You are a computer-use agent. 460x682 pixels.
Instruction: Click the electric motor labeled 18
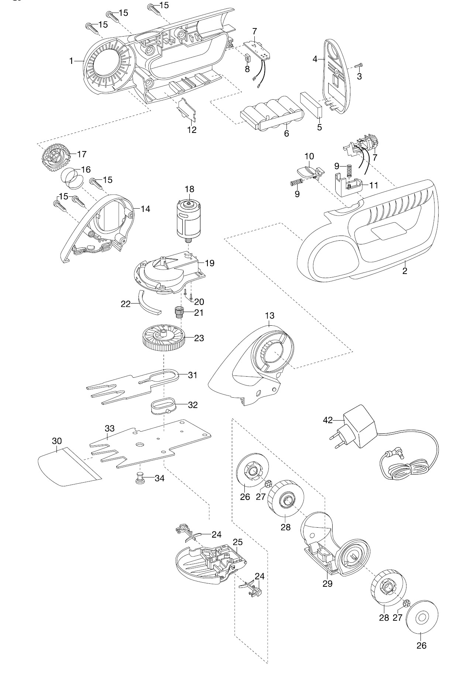[x=189, y=220]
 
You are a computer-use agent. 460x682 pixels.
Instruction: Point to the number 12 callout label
[x=192, y=130]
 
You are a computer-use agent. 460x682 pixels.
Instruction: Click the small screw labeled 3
[x=358, y=66]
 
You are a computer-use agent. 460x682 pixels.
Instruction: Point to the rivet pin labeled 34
[x=140, y=478]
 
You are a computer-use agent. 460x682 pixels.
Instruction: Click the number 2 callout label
[x=405, y=271]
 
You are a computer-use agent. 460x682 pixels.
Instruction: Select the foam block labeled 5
[x=310, y=104]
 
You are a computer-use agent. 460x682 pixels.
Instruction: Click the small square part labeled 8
[x=247, y=58]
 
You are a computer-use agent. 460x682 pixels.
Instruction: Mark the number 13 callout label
[x=270, y=316]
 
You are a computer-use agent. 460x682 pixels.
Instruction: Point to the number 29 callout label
[x=327, y=583]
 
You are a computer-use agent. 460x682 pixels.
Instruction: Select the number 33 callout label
[x=110, y=429]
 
